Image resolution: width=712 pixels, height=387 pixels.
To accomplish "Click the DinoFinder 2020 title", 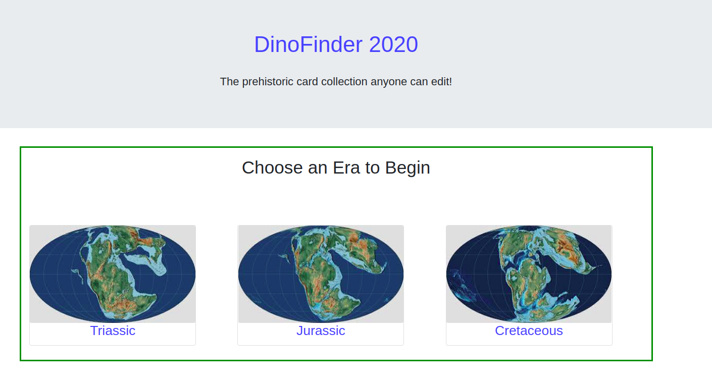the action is pos(336,44).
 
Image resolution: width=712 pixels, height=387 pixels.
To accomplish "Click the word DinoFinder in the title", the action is pos(308,44).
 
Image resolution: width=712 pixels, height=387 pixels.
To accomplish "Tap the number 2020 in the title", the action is pos(393,44).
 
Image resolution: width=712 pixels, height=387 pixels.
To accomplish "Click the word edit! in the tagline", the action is pos(441,82).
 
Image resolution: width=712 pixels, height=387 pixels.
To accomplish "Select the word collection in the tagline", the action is pos(337,82).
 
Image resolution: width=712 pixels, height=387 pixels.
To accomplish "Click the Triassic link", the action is pos(113,331).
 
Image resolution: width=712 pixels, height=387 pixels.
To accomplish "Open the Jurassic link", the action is pos(321,331).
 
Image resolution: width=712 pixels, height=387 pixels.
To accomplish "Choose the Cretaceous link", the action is pos(529,331).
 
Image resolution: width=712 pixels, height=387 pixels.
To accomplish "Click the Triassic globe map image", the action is pos(113,274).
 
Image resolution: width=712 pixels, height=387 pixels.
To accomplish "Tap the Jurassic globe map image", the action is pos(321,274).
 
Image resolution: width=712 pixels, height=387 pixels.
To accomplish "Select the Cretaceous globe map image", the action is pos(529,274).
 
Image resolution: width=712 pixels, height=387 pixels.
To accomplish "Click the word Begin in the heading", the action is pos(408,168).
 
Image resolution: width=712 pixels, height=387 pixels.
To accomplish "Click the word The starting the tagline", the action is pos(229,82).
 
